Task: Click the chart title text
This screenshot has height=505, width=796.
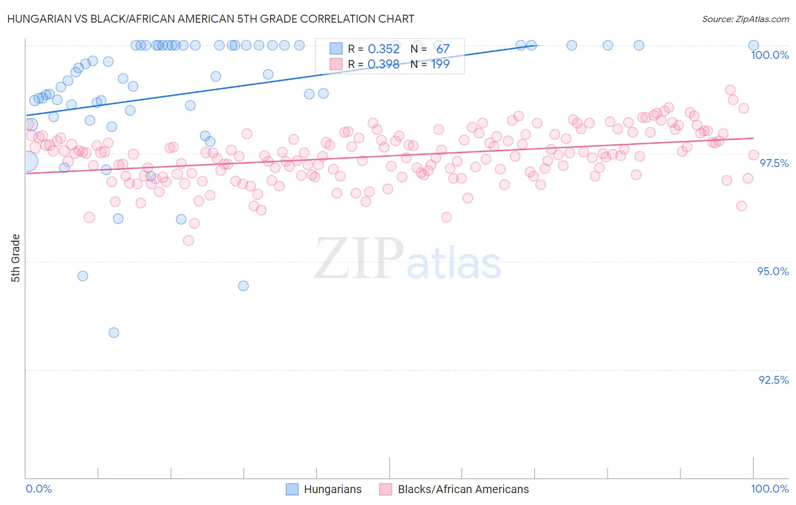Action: [x=211, y=19]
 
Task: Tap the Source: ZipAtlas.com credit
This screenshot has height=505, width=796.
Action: [x=745, y=19]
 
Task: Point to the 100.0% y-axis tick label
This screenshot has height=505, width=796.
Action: [x=769, y=55]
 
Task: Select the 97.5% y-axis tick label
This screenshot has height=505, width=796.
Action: [x=773, y=163]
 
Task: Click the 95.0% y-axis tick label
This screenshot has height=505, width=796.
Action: [x=773, y=271]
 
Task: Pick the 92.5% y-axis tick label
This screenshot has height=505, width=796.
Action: [x=773, y=380]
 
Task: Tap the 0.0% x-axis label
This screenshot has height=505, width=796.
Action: [x=38, y=489]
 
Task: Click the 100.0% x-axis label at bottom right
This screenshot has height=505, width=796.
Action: [x=769, y=489]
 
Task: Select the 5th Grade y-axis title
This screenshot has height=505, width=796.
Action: [x=15, y=258]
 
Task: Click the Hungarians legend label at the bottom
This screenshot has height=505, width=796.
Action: [x=332, y=489]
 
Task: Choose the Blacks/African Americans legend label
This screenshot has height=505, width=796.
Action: [x=463, y=489]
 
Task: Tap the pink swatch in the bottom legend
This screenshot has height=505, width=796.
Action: [x=386, y=489]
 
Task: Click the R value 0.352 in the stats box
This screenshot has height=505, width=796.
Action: [x=383, y=49]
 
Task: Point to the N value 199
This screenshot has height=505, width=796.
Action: [x=440, y=65]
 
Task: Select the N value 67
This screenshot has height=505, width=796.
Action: [x=443, y=49]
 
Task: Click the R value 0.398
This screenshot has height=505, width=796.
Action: [x=383, y=65]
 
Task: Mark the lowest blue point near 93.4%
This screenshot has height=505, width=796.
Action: [x=114, y=332]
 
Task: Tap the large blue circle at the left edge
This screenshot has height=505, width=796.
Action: [x=28, y=161]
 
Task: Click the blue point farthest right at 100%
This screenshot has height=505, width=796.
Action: [x=754, y=45]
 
